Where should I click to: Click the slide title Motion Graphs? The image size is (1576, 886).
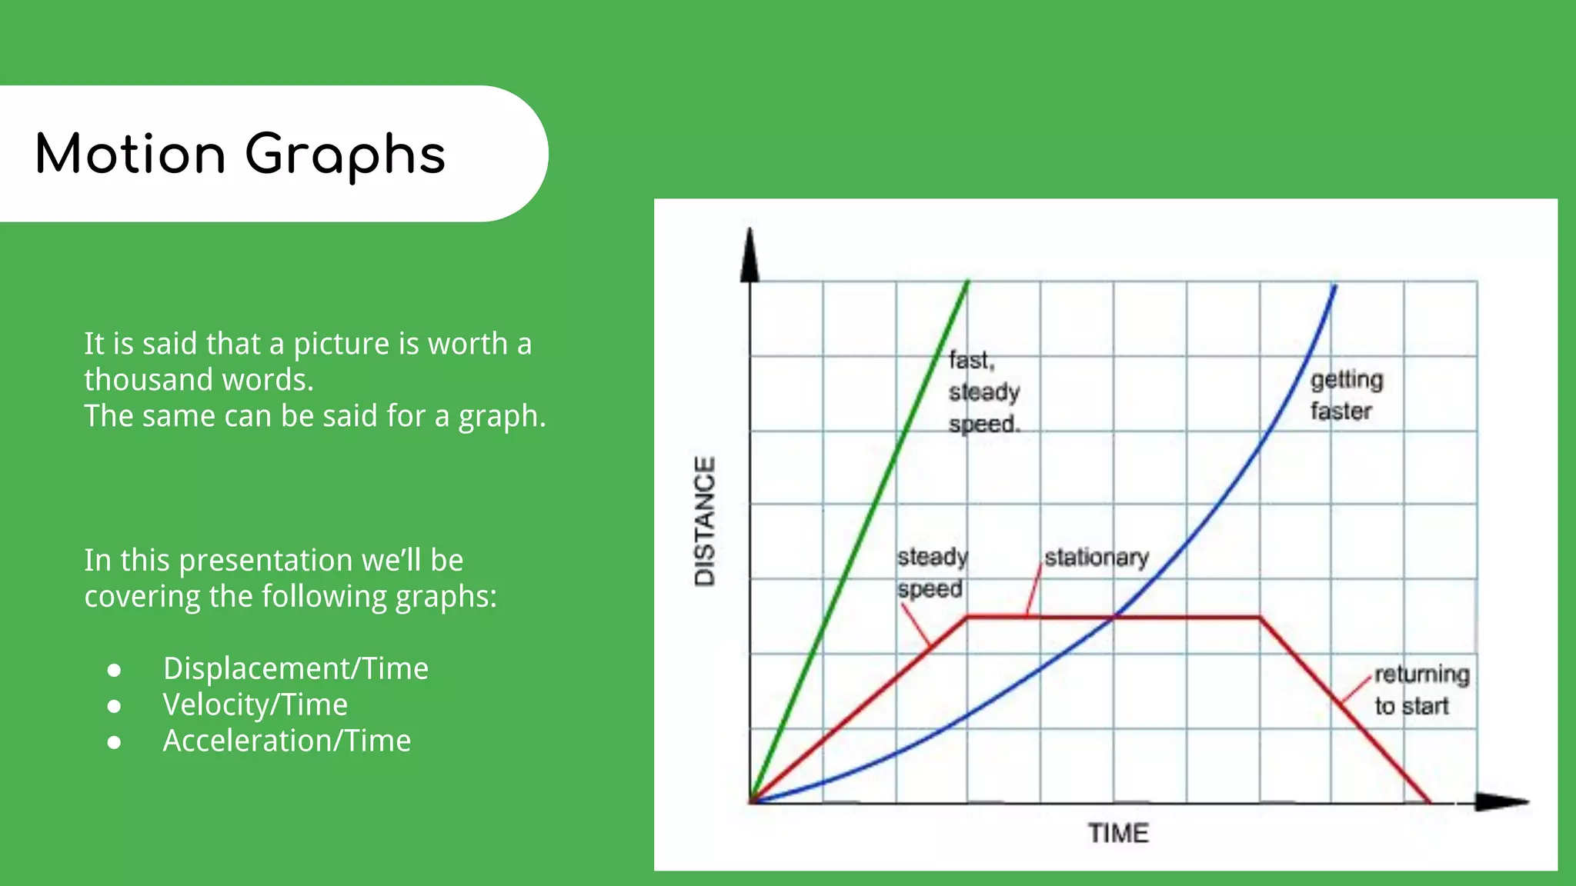tap(240, 154)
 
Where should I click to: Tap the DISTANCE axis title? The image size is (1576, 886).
tap(705, 521)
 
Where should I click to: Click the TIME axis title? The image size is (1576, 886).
tap(1117, 833)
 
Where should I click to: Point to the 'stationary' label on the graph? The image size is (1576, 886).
tap(1096, 557)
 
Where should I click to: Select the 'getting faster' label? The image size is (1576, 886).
tap(1346, 395)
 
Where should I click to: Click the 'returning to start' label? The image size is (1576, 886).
tap(1421, 690)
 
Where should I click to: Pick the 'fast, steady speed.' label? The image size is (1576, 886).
tap(983, 391)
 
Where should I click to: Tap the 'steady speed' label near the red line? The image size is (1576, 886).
tap(932, 572)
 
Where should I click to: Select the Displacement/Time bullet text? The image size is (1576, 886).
tap(295, 668)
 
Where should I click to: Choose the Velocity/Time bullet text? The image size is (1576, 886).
tap(255, 704)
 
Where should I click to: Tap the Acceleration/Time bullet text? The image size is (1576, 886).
tap(287, 741)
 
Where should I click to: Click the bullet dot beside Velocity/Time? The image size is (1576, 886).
tap(115, 706)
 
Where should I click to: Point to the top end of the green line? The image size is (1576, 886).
tap(967, 282)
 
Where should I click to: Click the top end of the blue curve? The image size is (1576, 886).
tap(1334, 287)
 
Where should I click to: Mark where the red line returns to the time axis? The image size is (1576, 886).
tap(1430, 802)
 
